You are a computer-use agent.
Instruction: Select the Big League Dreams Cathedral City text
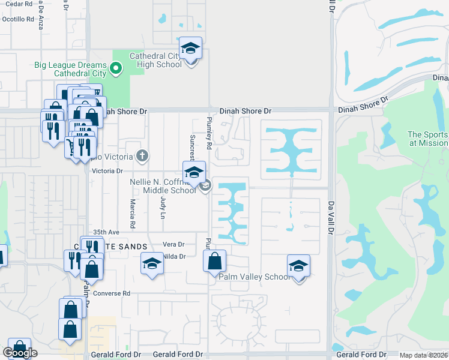(80, 69)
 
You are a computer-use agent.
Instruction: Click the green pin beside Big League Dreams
(118, 69)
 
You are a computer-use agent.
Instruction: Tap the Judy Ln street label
(163, 207)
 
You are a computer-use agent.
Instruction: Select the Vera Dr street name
(173, 244)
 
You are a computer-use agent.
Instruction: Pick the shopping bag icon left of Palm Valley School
(214, 261)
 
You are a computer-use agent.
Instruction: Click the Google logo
(20, 353)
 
